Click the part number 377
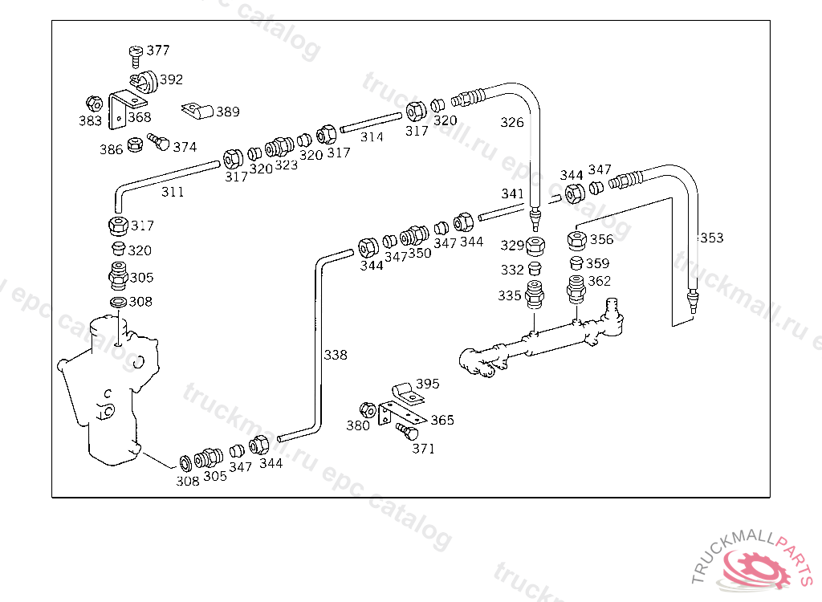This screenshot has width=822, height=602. (158, 50)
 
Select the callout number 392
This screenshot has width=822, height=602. (171, 79)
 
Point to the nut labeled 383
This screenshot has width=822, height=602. (94, 104)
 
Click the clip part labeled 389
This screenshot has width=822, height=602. (197, 111)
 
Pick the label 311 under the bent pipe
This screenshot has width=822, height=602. (173, 192)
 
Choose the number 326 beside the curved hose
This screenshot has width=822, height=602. (511, 122)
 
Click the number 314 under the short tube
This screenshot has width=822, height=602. (372, 137)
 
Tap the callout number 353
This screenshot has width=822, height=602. (712, 238)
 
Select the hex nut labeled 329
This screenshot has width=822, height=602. (535, 246)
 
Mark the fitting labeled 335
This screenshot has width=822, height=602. (534, 295)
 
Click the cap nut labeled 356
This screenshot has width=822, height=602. (576, 241)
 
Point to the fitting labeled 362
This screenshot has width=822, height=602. (576, 289)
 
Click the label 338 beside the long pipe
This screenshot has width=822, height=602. (336, 355)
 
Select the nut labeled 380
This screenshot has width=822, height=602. (368, 410)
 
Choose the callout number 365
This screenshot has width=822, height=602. (442, 420)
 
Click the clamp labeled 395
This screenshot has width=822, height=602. (409, 393)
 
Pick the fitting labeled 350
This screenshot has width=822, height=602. (414, 235)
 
